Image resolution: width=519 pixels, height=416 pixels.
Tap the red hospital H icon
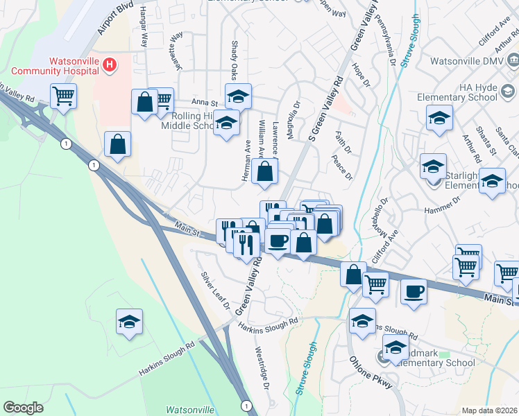point(109,66)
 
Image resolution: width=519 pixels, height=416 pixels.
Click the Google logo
point(24,407)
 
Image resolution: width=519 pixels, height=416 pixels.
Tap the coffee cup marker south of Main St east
point(414,291)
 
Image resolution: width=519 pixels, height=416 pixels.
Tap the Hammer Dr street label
point(447,200)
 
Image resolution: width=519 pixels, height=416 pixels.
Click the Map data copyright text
point(490,410)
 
